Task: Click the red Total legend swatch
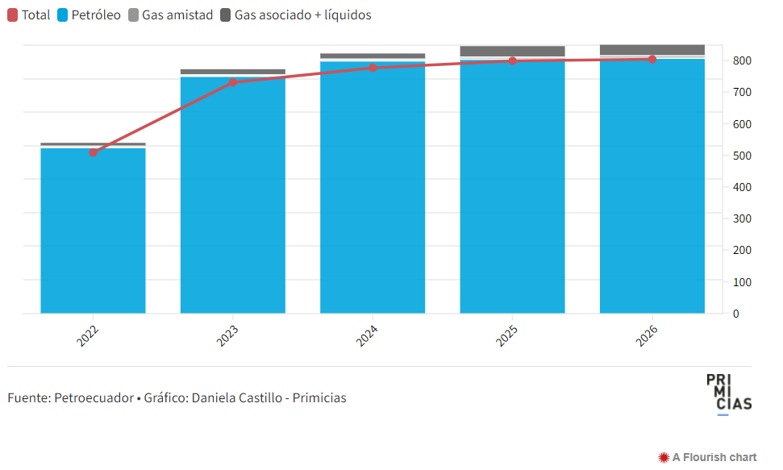click(x=13, y=15)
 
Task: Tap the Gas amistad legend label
click(x=177, y=15)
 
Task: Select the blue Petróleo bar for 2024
click(x=373, y=193)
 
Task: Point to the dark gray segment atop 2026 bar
click(x=652, y=50)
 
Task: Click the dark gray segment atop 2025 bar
click(x=512, y=51)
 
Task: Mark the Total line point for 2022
click(x=94, y=152)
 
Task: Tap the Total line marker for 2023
click(x=233, y=82)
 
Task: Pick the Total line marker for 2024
click(x=373, y=68)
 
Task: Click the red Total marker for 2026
click(x=652, y=59)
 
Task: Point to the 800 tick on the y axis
click(x=742, y=61)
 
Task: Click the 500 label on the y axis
click(x=742, y=156)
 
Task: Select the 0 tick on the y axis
click(x=735, y=314)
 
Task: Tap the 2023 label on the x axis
click(x=228, y=336)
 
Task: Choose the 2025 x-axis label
click(x=507, y=336)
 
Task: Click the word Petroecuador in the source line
click(x=94, y=398)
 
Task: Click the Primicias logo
click(x=728, y=393)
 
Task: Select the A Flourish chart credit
click(x=707, y=457)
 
